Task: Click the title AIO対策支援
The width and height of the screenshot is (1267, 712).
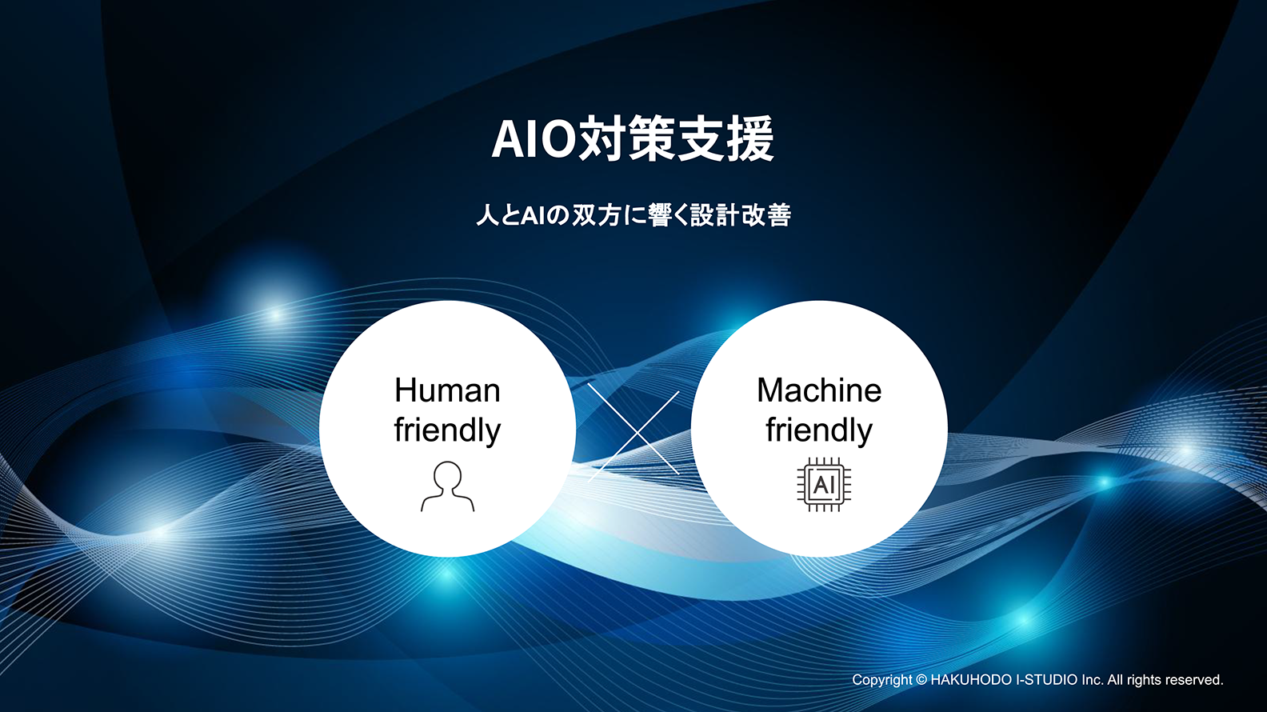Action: click(633, 138)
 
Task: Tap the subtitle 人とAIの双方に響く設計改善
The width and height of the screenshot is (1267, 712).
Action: click(633, 215)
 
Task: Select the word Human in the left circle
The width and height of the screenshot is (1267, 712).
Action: click(447, 390)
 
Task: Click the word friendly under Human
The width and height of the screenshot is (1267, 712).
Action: click(447, 431)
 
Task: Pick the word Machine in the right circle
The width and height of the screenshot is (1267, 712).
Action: click(819, 390)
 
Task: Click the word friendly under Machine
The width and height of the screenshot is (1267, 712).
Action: click(819, 431)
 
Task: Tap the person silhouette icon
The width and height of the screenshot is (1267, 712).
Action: click(447, 486)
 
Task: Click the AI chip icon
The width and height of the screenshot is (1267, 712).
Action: click(824, 485)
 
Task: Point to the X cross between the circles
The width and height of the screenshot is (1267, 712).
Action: click(633, 433)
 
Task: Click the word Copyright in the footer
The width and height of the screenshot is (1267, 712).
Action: click(881, 680)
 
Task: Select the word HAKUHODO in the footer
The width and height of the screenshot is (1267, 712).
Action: click(972, 680)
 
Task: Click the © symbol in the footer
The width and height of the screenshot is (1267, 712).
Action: click(921, 680)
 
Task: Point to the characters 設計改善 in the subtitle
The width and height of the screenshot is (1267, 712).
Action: click(741, 215)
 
